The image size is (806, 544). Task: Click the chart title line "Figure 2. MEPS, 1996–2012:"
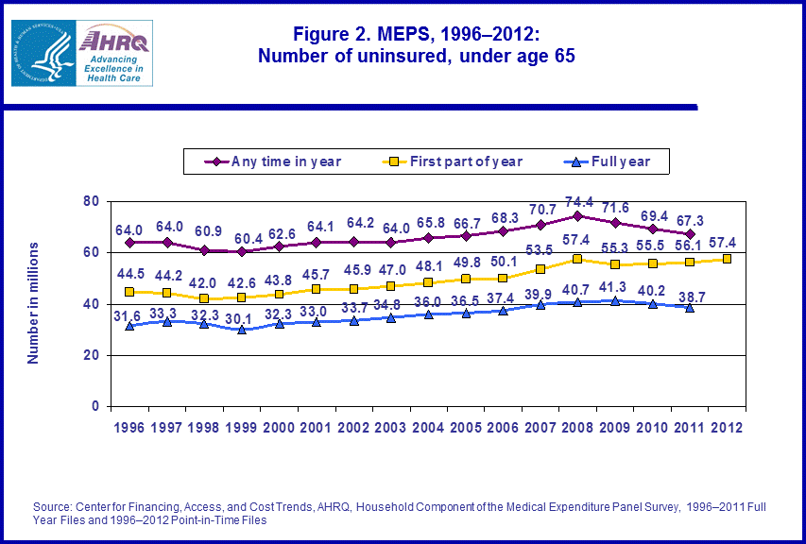click(x=417, y=34)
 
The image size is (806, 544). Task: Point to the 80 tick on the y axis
click(x=92, y=201)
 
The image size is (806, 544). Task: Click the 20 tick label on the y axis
click(x=92, y=355)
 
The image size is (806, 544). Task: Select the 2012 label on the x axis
click(x=727, y=427)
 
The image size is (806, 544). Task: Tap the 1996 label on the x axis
click(x=129, y=427)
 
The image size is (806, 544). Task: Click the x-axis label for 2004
click(x=428, y=427)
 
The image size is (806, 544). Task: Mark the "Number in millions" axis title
click(x=32, y=302)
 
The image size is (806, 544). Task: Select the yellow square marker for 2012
click(x=727, y=259)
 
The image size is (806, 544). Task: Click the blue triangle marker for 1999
click(x=242, y=330)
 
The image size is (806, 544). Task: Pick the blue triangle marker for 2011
click(x=690, y=307)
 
